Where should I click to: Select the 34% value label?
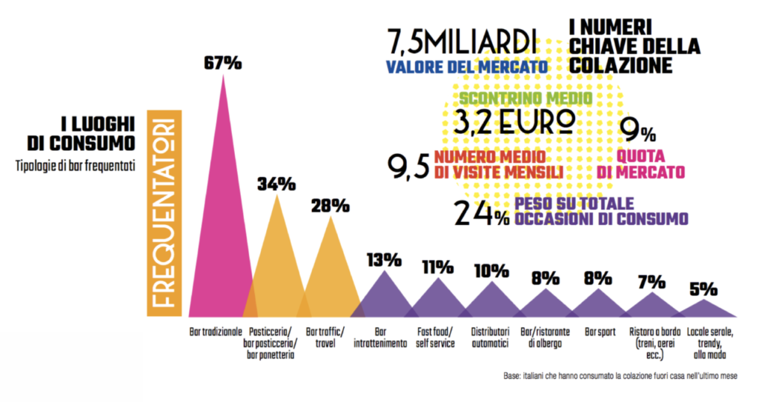click(x=276, y=183)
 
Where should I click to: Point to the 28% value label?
click(x=330, y=207)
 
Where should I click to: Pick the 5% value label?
click(x=705, y=289)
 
